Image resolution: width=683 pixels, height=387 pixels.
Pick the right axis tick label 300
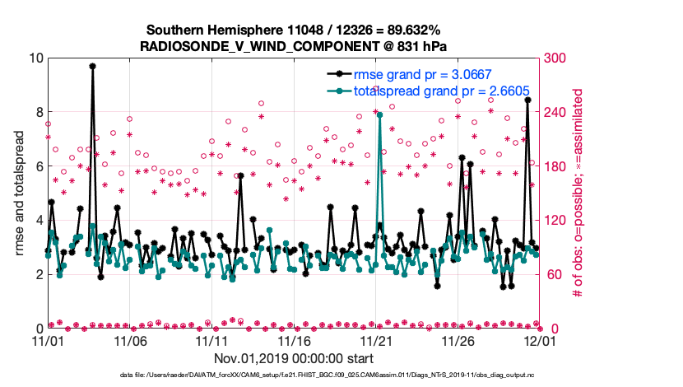pyautogui.click(x=554, y=58)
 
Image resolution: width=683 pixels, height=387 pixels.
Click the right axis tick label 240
pyautogui.click(x=554, y=113)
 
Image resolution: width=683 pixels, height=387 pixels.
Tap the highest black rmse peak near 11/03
pyautogui.click(x=92, y=66)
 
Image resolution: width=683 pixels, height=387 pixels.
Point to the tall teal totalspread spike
pyautogui.click(x=379, y=114)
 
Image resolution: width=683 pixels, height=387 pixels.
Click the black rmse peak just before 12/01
pyautogui.click(x=527, y=100)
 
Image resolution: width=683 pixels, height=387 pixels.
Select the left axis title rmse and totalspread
pyautogui.click(x=19, y=193)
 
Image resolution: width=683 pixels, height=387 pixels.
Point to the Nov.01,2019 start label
pyautogui.click(x=294, y=358)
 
